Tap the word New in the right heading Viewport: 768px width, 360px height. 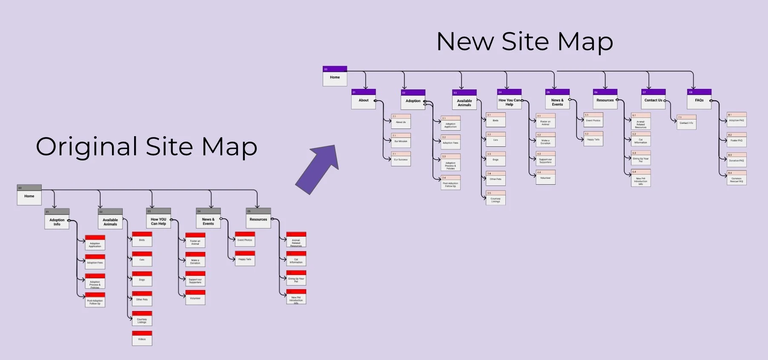point(465,42)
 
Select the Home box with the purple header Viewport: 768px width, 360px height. point(335,77)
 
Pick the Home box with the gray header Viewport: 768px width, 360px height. point(29,195)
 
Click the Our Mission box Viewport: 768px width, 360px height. point(401,140)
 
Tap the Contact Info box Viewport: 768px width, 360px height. point(686,122)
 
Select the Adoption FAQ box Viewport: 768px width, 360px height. point(736,120)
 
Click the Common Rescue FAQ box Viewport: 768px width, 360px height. point(736,179)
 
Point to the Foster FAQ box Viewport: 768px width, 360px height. point(736,140)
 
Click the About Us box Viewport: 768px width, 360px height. point(401,121)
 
